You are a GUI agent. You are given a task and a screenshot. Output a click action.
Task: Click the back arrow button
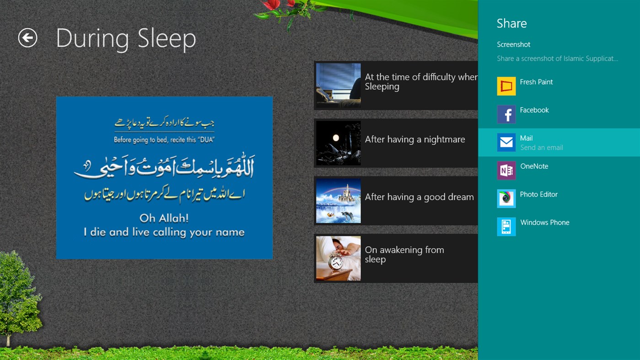click(x=27, y=38)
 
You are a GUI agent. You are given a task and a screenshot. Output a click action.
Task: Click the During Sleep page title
click(x=126, y=38)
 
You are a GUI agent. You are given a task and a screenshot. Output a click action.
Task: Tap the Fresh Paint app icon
click(x=506, y=86)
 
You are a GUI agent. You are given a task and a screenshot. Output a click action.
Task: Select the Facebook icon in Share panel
click(x=506, y=114)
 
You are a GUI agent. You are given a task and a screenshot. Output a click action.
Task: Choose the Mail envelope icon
click(x=506, y=142)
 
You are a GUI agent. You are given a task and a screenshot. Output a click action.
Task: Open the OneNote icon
click(x=506, y=171)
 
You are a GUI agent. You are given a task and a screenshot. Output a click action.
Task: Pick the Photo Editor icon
click(x=506, y=199)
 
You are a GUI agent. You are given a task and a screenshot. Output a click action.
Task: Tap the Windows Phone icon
click(x=506, y=227)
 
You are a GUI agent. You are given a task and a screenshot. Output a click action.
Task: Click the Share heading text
click(x=511, y=23)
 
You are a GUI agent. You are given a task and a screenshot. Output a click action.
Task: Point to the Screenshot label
click(x=513, y=44)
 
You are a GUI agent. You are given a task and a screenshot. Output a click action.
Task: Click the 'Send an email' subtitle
click(x=541, y=148)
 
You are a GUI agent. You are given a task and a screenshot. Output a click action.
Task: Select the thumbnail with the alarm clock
click(x=338, y=258)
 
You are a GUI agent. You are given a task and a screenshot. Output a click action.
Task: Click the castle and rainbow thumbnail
click(x=338, y=201)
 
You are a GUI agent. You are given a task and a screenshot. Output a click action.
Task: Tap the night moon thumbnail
click(x=338, y=143)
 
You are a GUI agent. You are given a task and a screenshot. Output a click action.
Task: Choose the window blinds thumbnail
click(x=338, y=86)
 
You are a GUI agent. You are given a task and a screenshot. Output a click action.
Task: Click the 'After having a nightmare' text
click(x=414, y=140)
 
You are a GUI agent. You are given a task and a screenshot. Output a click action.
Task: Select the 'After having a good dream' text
click(x=419, y=197)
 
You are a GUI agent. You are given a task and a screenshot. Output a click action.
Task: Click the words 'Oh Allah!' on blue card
click(x=164, y=218)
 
